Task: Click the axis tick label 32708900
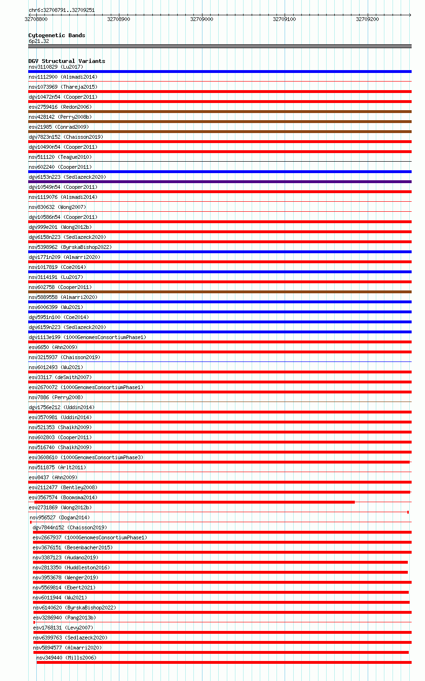coord(118,19)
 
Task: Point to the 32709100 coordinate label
coord(284,19)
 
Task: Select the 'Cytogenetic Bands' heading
coord(56,35)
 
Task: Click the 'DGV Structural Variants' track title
coord(66,61)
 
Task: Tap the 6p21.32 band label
coord(39,41)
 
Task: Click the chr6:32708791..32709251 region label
coord(62,10)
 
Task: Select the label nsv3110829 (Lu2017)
coord(55,67)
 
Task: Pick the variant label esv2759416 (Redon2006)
coord(60,107)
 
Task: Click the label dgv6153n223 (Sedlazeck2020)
coord(67,177)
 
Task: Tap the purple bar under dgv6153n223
coord(220,182)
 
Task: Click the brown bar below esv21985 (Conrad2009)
coord(220,132)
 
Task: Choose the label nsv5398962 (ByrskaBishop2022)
coord(70,247)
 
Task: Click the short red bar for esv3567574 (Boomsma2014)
coord(194,502)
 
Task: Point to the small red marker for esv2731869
coord(408,512)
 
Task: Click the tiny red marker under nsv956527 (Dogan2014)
coord(31,522)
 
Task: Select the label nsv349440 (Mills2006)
coord(66,658)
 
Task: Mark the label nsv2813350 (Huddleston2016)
coord(71,567)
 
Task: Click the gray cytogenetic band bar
coord(220,46)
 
